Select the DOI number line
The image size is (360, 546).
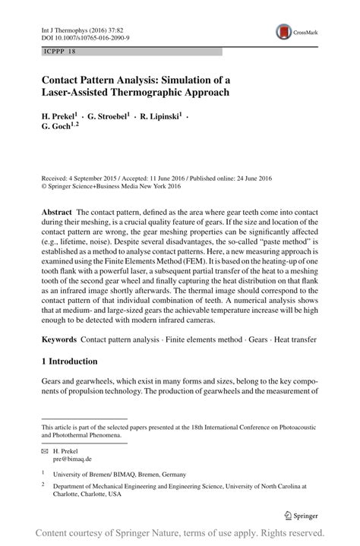click(x=85, y=36)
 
